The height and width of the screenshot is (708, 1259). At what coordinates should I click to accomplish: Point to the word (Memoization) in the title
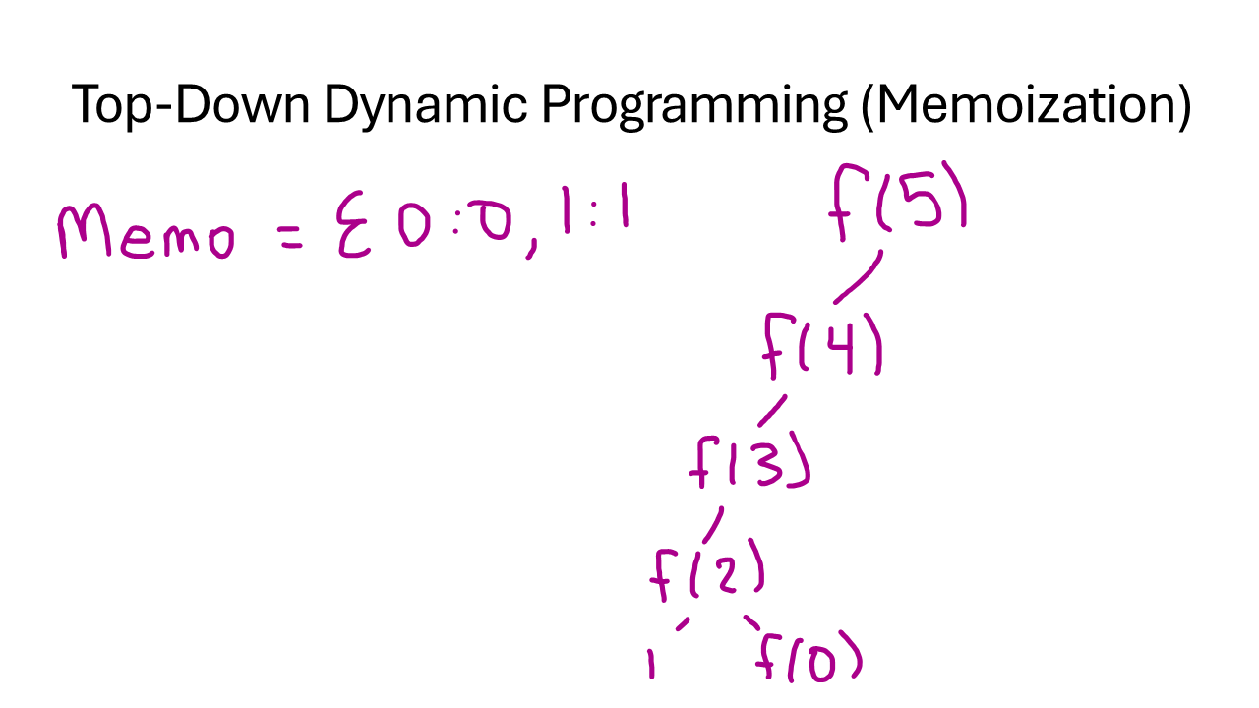tap(1025, 105)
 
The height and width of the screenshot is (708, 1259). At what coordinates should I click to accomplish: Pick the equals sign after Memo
tap(292, 237)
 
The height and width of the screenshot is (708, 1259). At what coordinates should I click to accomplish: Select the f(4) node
tap(822, 345)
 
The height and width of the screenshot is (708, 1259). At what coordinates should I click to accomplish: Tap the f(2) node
tap(706, 572)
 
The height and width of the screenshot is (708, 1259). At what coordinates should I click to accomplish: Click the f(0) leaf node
tap(809, 660)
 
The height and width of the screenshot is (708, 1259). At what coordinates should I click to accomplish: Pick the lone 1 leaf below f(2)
tap(650, 664)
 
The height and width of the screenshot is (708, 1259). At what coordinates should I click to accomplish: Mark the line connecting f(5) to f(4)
tap(858, 278)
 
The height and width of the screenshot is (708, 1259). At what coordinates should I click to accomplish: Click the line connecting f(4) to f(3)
tap(772, 410)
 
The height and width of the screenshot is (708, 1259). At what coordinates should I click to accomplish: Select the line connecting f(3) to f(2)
tap(714, 523)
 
